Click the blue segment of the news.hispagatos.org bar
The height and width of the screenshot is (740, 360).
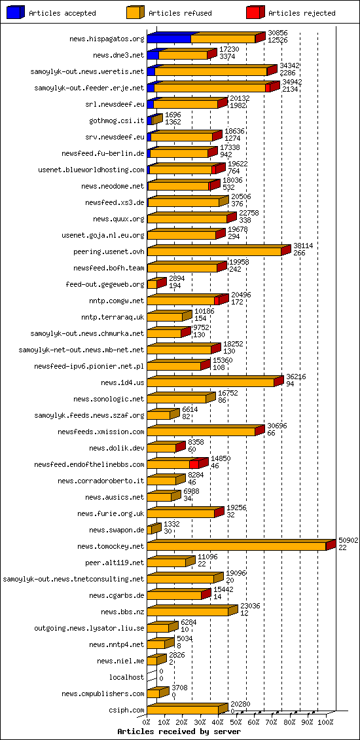(169, 39)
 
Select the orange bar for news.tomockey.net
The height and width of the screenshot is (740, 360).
(236, 546)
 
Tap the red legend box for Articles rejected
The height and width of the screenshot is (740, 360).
(255, 12)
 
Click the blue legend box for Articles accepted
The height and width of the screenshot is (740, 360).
(15, 12)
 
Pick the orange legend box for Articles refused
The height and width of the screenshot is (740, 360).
(134, 12)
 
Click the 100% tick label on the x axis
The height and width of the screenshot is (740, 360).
(325, 722)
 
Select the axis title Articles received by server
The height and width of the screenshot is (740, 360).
(179, 731)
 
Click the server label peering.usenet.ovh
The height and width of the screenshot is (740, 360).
(109, 251)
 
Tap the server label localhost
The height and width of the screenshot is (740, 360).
(127, 677)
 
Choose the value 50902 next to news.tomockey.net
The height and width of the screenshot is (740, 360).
(348, 540)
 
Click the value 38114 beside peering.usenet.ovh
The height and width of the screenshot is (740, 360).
(303, 246)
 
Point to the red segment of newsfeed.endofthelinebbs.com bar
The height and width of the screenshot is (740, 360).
(194, 464)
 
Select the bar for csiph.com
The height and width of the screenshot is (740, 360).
(183, 710)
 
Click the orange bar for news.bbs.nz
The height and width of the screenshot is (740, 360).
(187, 612)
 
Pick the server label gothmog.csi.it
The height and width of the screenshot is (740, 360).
(117, 120)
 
